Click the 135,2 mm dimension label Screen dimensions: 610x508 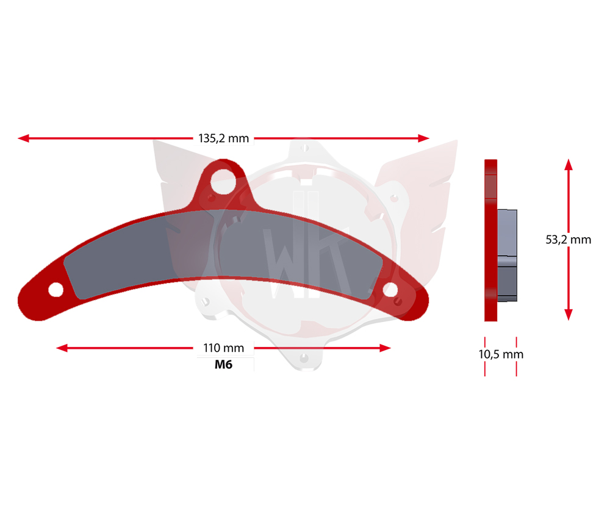(224, 138)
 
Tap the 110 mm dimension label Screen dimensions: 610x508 (224, 348)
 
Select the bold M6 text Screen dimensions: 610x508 (224, 365)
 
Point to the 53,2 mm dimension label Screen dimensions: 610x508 (569, 240)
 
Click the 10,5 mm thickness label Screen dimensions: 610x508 (501, 354)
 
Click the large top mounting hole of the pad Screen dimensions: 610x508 (223, 181)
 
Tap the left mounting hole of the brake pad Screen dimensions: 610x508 (56, 290)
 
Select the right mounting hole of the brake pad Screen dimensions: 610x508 (390, 290)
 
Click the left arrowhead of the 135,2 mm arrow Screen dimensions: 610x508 (23, 138)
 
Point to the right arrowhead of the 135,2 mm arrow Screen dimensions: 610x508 (424, 138)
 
